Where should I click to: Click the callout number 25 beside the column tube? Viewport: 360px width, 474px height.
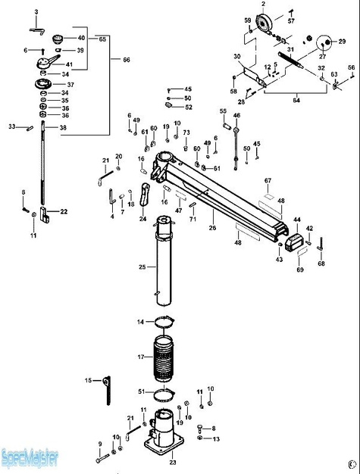pyautogui.click(x=142, y=267)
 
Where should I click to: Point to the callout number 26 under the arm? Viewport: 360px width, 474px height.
pyautogui.click(x=213, y=228)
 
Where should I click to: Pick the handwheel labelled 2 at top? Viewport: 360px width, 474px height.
pyautogui.click(x=265, y=23)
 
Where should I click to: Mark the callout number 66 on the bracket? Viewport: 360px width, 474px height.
pyautogui.click(x=127, y=60)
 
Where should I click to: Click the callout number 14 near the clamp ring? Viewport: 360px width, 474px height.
pyautogui.click(x=140, y=322)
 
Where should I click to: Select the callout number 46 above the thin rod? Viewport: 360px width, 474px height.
pyautogui.click(x=236, y=116)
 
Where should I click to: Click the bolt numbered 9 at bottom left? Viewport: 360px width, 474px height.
pyautogui.click(x=100, y=459)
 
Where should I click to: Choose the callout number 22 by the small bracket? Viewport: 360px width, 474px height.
pyautogui.click(x=64, y=211)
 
